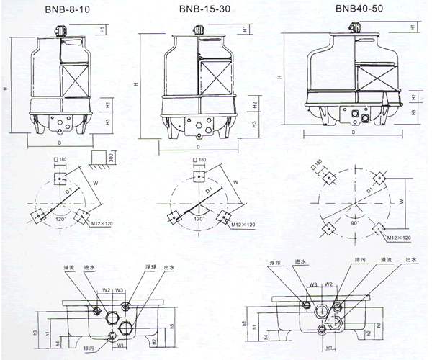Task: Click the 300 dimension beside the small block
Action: [112, 158]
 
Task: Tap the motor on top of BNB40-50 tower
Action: [353, 26]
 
